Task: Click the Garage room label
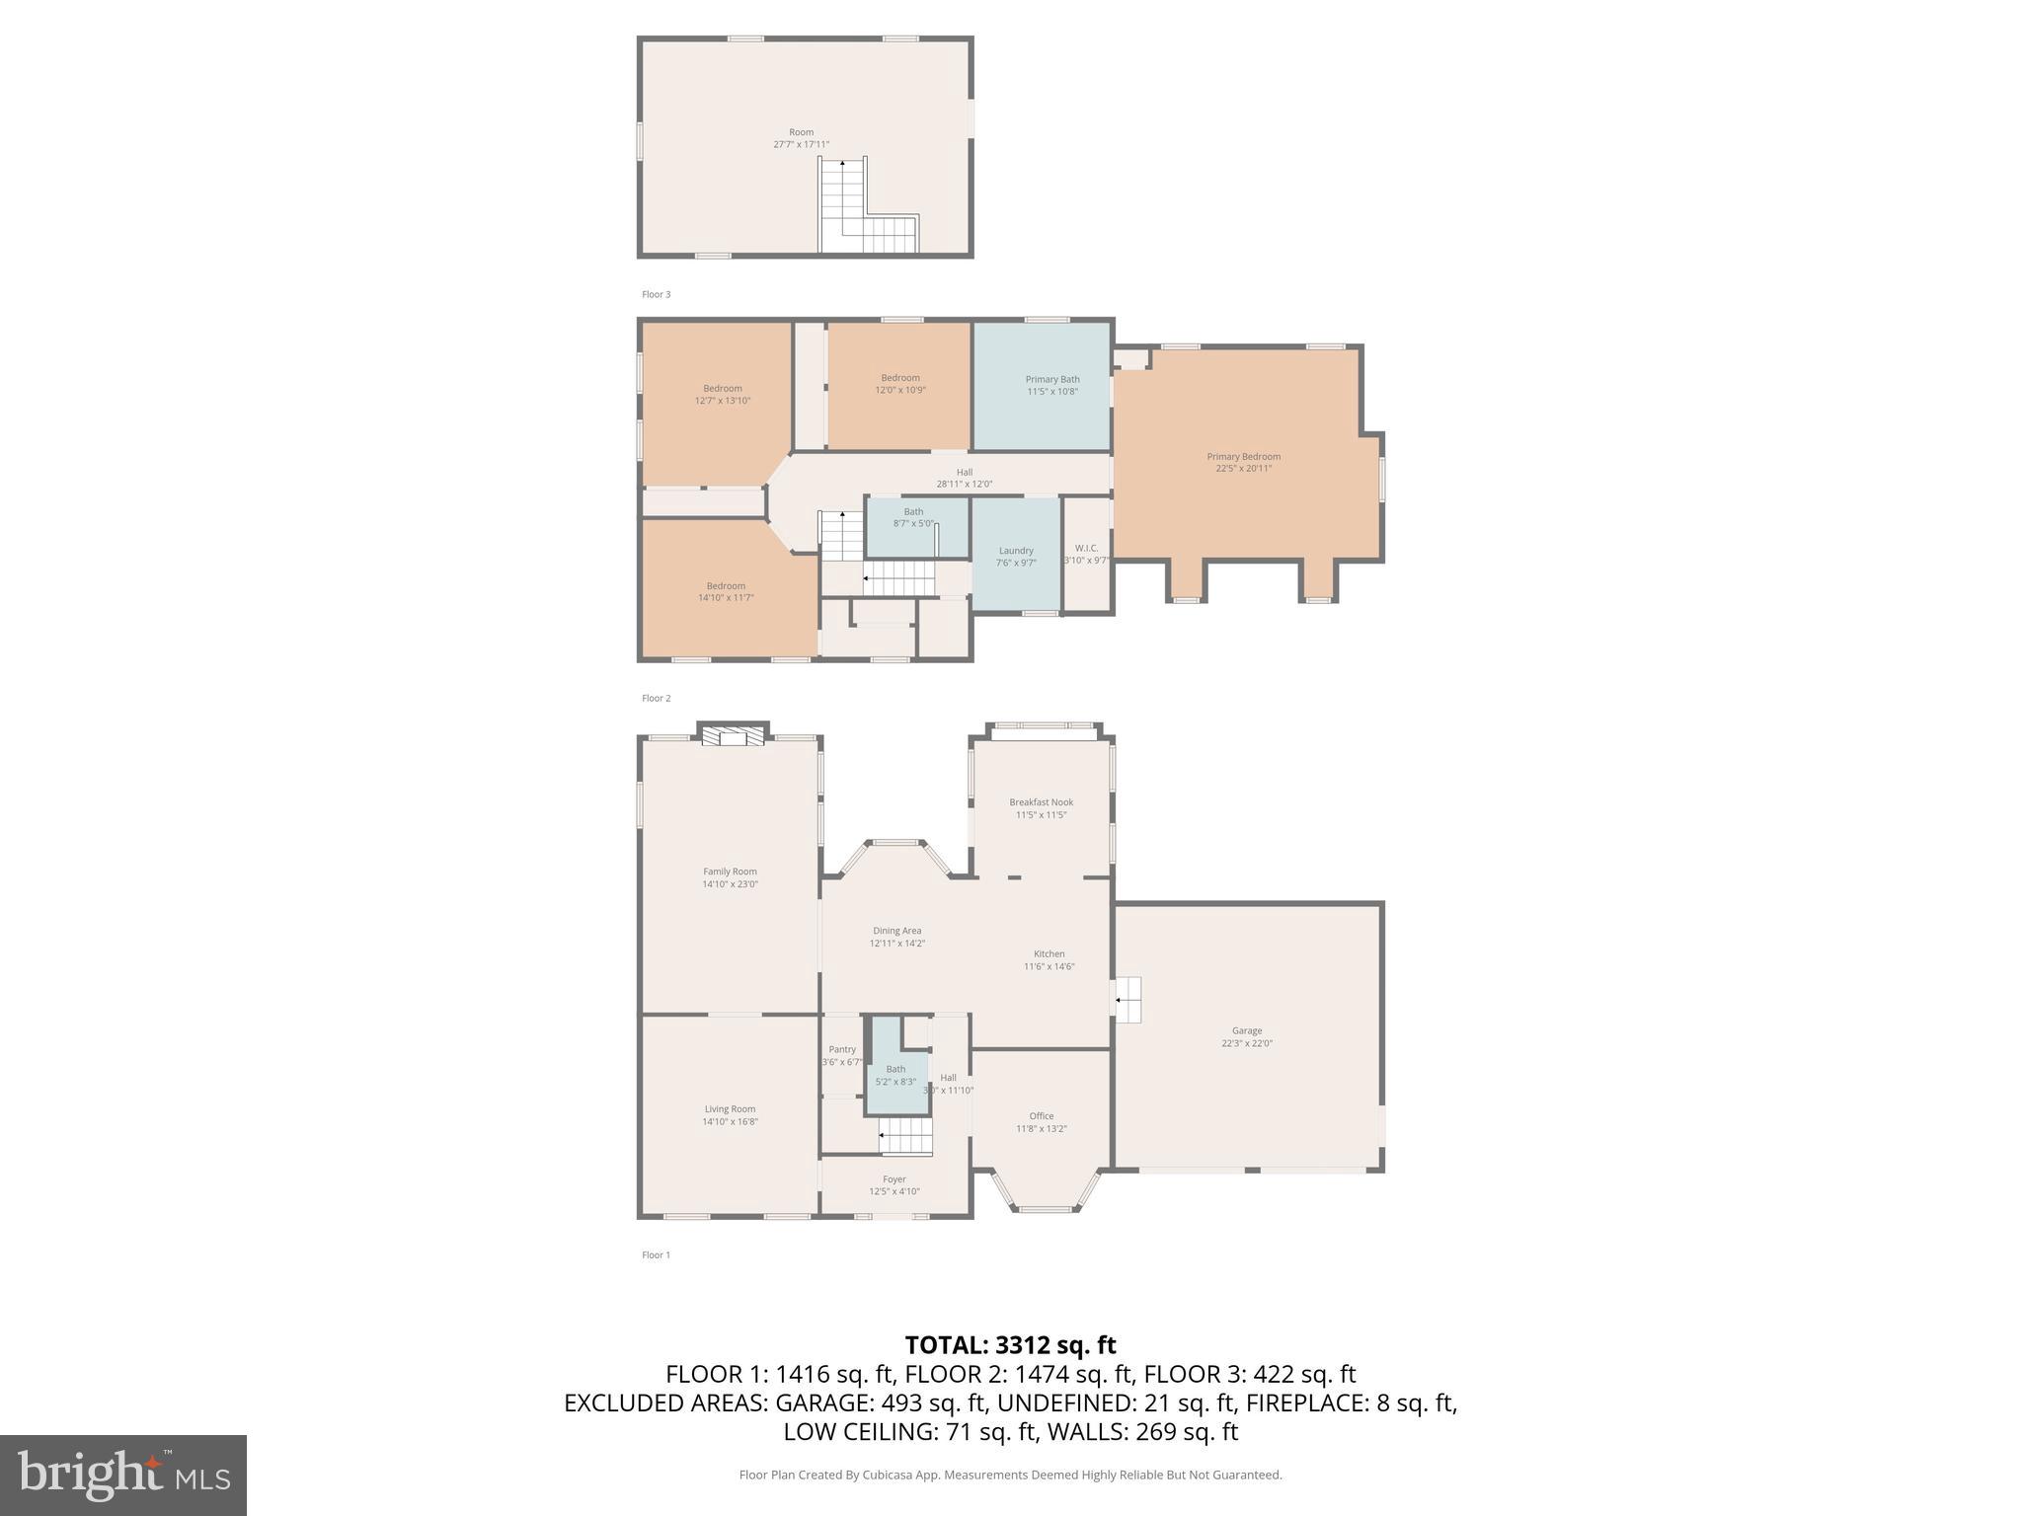click(x=1247, y=1036)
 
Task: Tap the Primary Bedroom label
click(x=1243, y=462)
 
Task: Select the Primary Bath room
click(x=1051, y=385)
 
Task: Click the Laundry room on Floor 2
click(x=1016, y=556)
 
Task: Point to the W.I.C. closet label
click(x=1086, y=553)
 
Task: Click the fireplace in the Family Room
click(x=733, y=737)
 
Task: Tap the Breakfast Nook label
click(x=1041, y=807)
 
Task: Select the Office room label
click(x=1041, y=1121)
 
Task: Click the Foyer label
click(x=894, y=1184)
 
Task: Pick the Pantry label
click(x=842, y=1055)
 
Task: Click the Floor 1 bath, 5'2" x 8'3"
click(x=895, y=1075)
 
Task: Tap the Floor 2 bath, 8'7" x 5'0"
click(x=913, y=517)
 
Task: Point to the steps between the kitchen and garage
click(x=1128, y=1000)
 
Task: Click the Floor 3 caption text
click(x=656, y=294)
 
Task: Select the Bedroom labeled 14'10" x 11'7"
click(x=726, y=591)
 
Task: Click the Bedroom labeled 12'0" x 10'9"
click(x=899, y=383)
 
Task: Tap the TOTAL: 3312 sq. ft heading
click(x=1010, y=1344)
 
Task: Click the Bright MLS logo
click(x=123, y=1475)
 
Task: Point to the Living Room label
click(x=730, y=1114)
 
